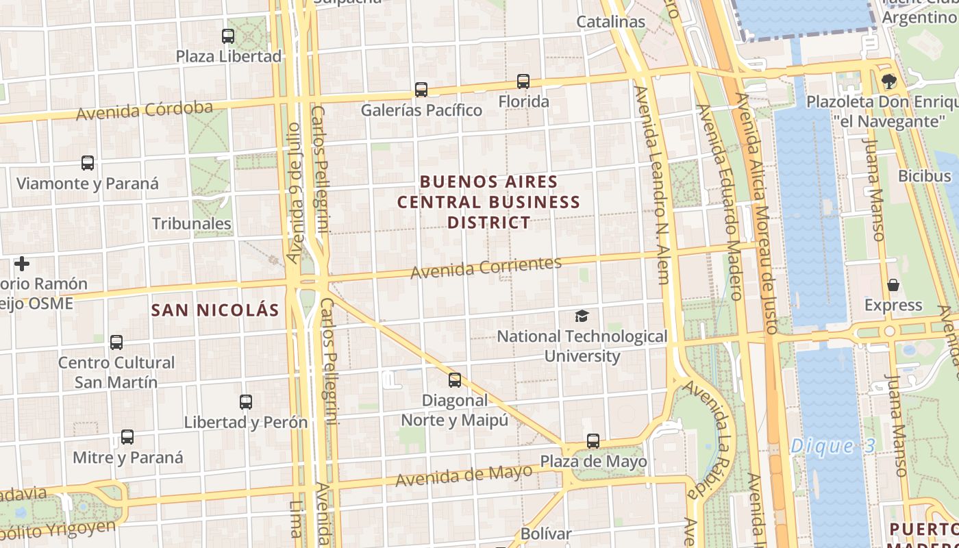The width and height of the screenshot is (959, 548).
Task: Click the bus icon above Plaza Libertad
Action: pos(228,36)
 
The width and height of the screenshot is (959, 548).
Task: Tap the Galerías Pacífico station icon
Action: pos(421,90)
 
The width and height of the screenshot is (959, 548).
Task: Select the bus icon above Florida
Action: pos(523,82)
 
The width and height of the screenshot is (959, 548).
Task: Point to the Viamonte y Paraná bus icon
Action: pos(88,163)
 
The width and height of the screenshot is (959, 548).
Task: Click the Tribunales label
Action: pos(192,224)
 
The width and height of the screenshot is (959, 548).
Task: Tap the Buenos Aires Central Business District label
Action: pos(489,202)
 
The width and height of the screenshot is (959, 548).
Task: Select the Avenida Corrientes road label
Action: pos(486,267)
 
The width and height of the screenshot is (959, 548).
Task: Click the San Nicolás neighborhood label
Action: pos(215,310)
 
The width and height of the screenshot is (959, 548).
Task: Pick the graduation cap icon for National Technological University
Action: pos(582,316)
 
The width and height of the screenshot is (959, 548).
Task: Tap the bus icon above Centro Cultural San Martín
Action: pos(116,342)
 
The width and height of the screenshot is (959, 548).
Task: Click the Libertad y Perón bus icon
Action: pos(246,402)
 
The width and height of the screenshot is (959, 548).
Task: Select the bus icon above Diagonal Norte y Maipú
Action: pos(455,380)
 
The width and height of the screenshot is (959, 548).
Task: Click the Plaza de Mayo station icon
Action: pos(593,441)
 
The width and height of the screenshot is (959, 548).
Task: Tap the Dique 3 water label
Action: pos(832,447)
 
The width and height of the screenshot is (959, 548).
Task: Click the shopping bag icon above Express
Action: pos(893,285)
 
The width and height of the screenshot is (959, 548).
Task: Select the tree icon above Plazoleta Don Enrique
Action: pos(890,82)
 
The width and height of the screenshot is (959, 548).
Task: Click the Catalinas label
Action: pos(610,22)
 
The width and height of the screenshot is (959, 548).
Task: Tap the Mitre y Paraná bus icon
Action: pos(127,437)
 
